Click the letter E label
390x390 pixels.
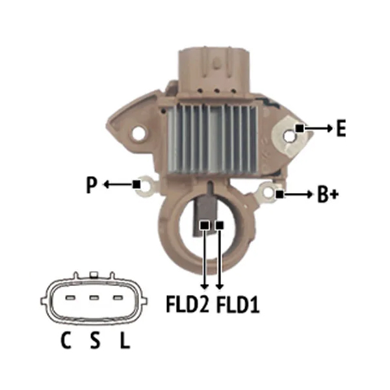[x=341, y=128]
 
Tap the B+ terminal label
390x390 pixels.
[x=328, y=194]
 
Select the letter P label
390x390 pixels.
[x=91, y=185]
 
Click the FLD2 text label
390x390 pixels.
[x=187, y=304]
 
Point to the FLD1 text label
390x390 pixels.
[x=238, y=304]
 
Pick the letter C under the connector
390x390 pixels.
[x=66, y=340]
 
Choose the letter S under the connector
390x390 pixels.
[x=95, y=340]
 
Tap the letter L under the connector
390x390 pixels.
[x=125, y=340]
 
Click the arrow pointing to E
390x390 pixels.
[x=318, y=128]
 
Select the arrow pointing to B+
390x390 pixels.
[x=298, y=194]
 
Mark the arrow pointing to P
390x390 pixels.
[x=118, y=185]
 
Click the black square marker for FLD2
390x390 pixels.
[x=205, y=226]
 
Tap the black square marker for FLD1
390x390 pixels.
[x=220, y=226]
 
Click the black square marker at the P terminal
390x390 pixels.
[x=136, y=185]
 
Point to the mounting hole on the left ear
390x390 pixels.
[x=138, y=134]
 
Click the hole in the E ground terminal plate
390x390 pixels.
[x=289, y=136]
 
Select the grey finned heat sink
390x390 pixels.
[x=213, y=138]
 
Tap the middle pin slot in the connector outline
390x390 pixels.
[x=94, y=298]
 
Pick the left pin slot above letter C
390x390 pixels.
[x=70, y=298]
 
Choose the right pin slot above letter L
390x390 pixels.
[x=118, y=298]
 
